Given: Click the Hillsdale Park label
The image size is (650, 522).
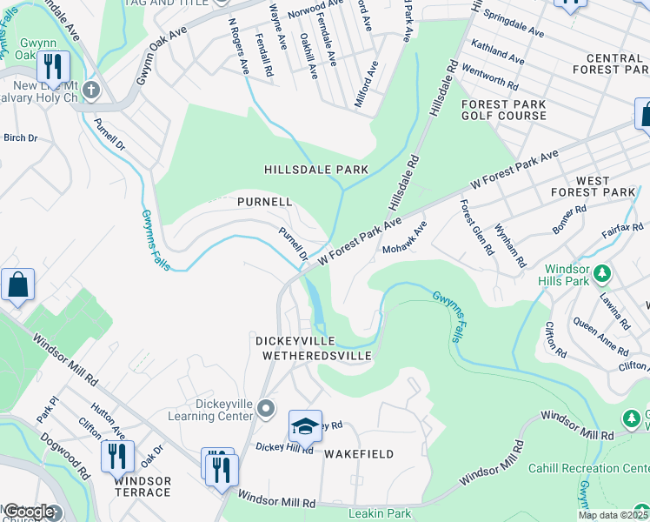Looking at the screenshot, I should tap(316, 169).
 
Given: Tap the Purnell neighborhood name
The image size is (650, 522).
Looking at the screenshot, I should tap(264, 201).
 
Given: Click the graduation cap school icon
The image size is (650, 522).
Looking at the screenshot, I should tap(305, 425).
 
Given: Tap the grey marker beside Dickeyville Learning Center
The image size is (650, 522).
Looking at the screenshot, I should tap(266, 408).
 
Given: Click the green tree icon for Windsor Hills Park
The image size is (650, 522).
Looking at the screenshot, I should tap(601, 276).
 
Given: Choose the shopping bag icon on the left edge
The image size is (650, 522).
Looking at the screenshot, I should tap(17, 285).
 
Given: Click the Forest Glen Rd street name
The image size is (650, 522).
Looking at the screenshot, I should tap(477, 227).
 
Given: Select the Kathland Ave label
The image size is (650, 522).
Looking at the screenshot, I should tap(497, 51).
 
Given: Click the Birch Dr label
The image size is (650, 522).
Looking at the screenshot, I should tap(21, 137).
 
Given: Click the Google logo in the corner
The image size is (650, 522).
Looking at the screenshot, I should tap(29, 512).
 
